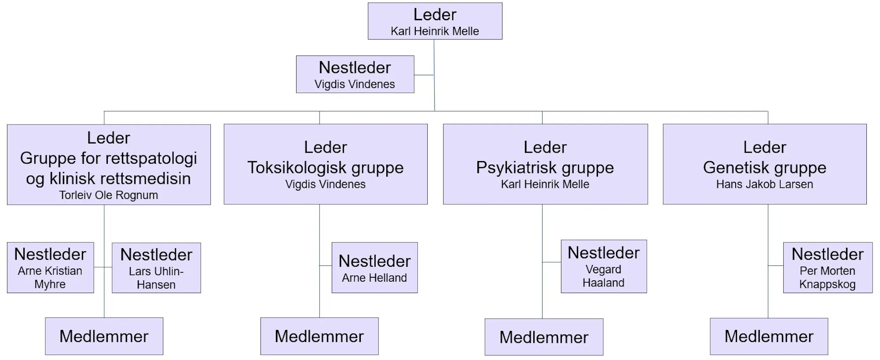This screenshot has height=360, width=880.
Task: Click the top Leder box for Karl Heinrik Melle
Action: (435, 21)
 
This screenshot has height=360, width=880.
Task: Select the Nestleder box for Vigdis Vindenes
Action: (355, 74)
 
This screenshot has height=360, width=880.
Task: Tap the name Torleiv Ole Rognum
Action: (109, 195)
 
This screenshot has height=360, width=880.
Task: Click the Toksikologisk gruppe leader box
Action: (326, 164)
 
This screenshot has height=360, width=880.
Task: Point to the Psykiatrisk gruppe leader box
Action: (545, 164)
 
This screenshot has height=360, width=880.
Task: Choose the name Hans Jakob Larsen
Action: (765, 184)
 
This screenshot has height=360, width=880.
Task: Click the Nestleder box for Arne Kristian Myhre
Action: (51, 268)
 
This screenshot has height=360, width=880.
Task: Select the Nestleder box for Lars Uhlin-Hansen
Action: (156, 268)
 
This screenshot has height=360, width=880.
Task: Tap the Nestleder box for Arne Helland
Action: (374, 268)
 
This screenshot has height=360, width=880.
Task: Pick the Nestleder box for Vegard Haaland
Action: (604, 266)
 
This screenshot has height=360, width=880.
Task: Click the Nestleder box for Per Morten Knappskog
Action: (828, 268)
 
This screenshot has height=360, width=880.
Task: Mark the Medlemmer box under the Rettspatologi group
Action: (104, 336)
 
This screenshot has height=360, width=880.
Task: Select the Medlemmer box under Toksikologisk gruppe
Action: (319, 336)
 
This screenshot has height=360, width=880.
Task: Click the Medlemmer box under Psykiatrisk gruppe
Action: (544, 337)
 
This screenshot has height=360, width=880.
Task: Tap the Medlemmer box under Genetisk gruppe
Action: (769, 336)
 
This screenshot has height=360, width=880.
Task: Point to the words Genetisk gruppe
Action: (765, 168)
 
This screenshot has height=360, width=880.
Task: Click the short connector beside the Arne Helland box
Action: (326, 266)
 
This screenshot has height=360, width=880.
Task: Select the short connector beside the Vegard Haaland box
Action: (551, 262)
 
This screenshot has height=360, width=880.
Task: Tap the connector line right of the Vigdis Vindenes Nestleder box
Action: (424, 75)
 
